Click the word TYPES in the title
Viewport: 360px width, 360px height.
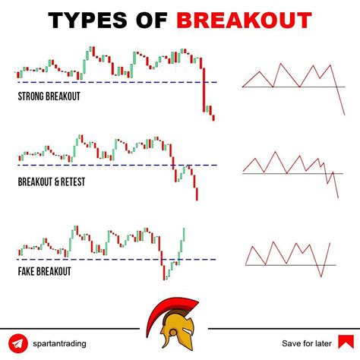click(x=88, y=21)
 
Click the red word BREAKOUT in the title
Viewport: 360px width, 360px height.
click(x=244, y=21)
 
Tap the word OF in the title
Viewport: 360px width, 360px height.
click(x=152, y=21)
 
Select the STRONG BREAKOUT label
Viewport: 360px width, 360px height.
click(x=49, y=96)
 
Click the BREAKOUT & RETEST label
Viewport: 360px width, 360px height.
click(x=52, y=182)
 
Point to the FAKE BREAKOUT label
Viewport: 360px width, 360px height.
click(x=45, y=271)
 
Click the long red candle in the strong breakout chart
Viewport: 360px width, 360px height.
click(x=204, y=90)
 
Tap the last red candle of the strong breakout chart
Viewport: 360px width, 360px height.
click(x=213, y=118)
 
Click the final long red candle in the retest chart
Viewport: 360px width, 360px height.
click(x=197, y=194)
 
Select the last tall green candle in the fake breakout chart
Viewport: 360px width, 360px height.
click(x=184, y=235)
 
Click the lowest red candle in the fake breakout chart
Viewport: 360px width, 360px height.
click(x=164, y=273)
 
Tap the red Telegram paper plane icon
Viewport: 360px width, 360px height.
click(x=18, y=343)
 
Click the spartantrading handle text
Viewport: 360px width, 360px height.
click(x=59, y=343)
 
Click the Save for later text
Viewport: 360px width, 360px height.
click(x=307, y=343)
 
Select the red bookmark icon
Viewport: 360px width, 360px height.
click(x=346, y=341)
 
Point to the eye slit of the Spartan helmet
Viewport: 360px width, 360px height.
click(x=186, y=331)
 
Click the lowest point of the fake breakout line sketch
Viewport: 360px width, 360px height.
click(x=321, y=276)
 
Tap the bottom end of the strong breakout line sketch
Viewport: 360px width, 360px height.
click(x=344, y=115)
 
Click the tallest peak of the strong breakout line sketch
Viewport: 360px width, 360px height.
click(x=280, y=63)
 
